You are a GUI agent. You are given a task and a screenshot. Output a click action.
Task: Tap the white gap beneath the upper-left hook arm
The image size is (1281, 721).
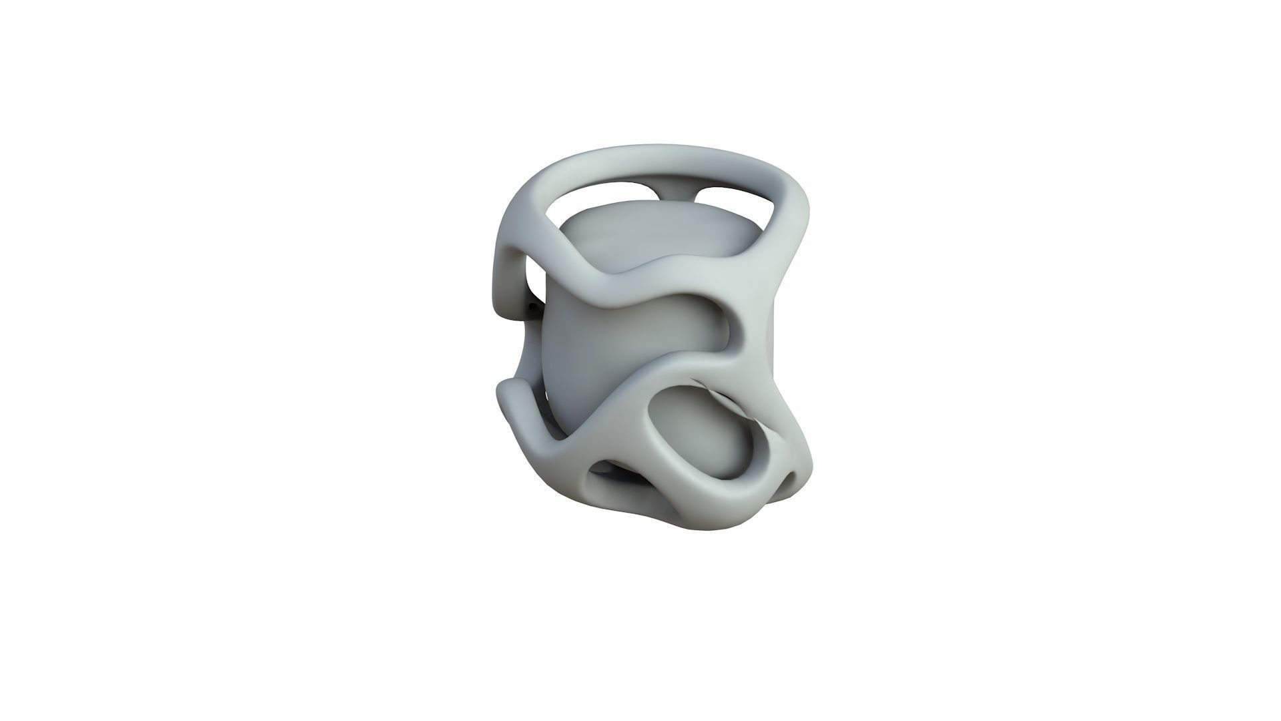pos(534,280)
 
